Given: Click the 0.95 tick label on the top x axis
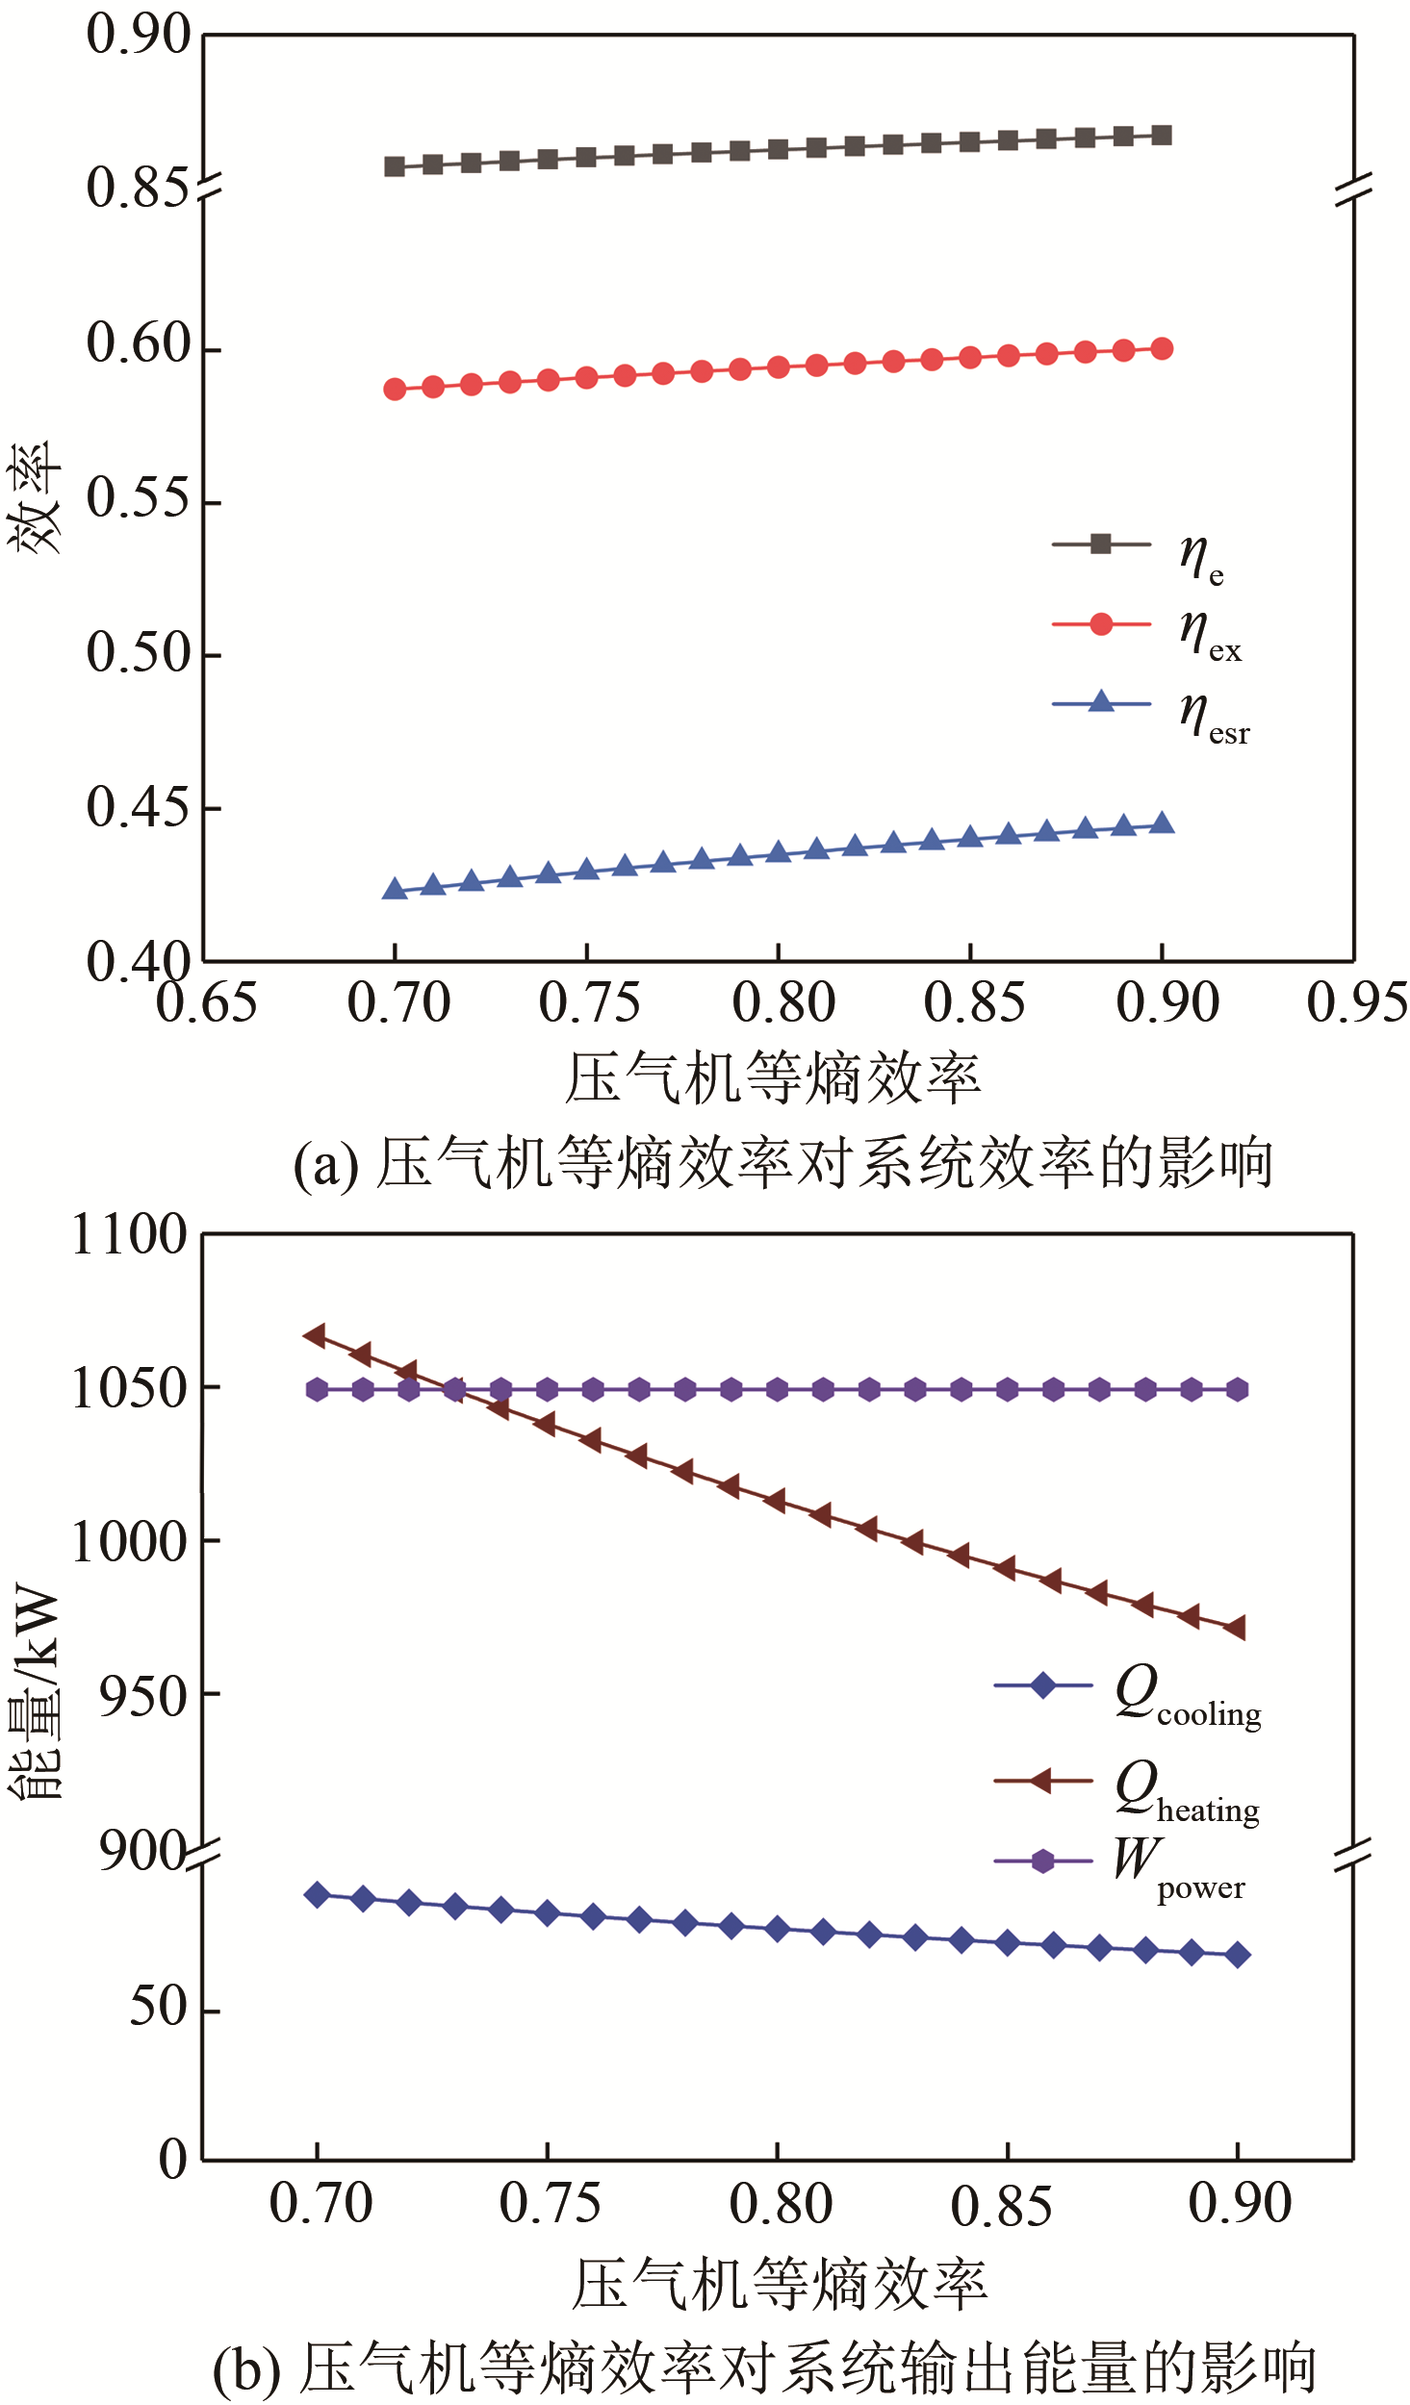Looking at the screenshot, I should tap(1356, 1002).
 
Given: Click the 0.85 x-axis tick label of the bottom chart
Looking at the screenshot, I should tap(1001, 2206).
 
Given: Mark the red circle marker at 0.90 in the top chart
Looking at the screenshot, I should tap(1162, 348).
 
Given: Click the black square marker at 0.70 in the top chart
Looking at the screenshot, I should tap(395, 166).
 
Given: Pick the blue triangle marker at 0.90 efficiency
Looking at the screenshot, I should tap(1162, 823).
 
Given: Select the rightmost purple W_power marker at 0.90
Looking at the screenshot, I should tap(1238, 1389).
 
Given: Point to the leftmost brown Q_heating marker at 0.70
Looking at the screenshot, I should tap(315, 1335).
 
